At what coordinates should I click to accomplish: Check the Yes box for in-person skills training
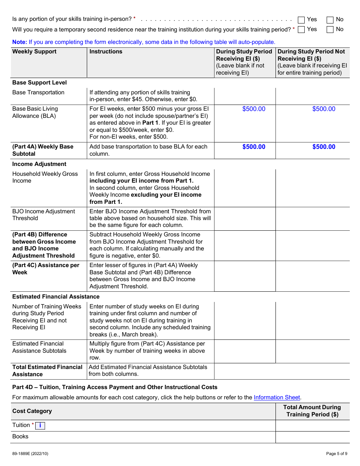[x=301, y=20]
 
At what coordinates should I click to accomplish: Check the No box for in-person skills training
[x=330, y=20]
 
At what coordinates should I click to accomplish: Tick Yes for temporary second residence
[x=301, y=30]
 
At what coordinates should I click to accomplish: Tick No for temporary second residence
[x=330, y=30]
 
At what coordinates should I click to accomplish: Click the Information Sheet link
[x=277, y=397]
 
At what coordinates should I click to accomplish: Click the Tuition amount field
[x=312, y=425]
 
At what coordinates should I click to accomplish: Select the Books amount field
[x=312, y=437]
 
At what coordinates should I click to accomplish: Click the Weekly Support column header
[x=34, y=52]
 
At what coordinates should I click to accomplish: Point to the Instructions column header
[x=106, y=52]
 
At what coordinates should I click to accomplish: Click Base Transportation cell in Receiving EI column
[x=245, y=96]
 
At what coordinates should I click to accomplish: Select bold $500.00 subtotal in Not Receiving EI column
[x=324, y=147]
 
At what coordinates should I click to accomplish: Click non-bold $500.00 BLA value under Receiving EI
[x=254, y=109]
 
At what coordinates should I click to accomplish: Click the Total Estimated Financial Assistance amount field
[x=282, y=371]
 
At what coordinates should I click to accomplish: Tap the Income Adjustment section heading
[x=39, y=164]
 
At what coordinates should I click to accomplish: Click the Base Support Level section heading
[x=39, y=83]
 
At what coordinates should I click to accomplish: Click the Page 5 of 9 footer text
[x=337, y=453]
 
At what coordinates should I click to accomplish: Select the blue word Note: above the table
[x=19, y=42]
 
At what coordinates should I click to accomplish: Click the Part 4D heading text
[x=115, y=387]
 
